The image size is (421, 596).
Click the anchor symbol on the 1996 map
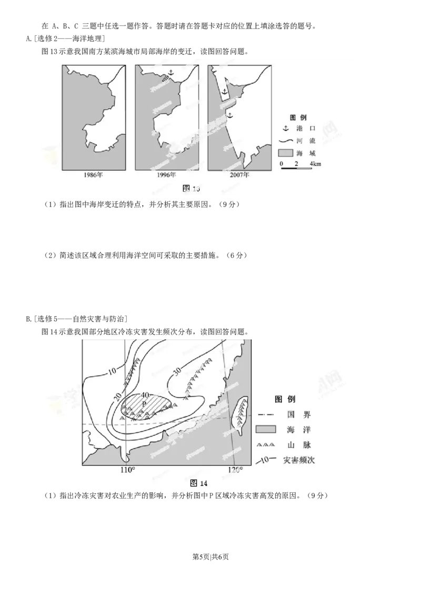click(170, 72)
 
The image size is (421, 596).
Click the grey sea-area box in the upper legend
click(285, 153)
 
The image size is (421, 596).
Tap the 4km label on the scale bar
click(315, 164)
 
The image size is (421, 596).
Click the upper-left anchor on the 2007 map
click(224, 92)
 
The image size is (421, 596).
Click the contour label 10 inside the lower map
click(112, 371)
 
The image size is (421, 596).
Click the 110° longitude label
click(127, 470)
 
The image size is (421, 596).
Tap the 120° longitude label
click(235, 470)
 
